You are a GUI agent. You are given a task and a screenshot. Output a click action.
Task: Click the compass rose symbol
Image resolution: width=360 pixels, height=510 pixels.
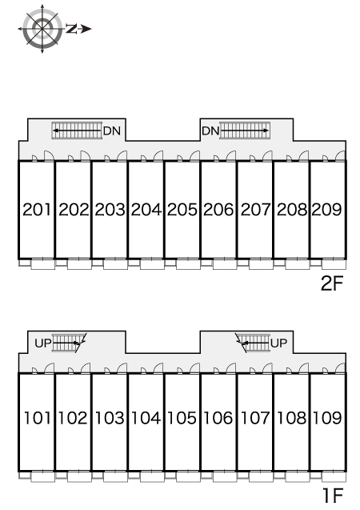(42, 29)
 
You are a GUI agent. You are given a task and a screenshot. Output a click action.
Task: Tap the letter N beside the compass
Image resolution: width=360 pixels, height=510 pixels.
(71, 29)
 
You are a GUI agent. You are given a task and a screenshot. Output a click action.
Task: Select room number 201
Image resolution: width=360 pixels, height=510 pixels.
(37, 210)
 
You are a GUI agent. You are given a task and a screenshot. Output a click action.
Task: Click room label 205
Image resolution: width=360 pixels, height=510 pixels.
(182, 210)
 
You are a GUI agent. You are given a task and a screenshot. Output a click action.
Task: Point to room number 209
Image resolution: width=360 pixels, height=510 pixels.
(327, 210)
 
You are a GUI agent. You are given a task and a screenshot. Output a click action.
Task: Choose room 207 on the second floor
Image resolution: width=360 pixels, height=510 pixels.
(255, 210)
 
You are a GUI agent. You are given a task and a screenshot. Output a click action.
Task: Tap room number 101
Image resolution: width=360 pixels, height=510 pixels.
(38, 418)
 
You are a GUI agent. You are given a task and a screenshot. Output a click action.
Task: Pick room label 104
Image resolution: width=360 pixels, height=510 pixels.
(146, 418)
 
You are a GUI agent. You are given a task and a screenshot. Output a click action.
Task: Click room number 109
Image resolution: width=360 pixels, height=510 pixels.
(327, 418)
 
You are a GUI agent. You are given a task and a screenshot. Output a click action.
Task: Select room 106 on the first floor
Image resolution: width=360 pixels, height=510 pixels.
(218, 418)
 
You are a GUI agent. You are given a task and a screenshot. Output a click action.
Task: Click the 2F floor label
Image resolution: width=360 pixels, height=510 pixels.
(332, 283)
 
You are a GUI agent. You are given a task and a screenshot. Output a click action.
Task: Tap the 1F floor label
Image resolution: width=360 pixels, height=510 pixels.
(333, 496)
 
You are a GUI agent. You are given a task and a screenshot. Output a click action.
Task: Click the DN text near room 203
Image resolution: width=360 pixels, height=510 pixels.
(112, 131)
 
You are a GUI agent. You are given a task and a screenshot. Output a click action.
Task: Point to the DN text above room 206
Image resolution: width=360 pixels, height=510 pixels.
(210, 131)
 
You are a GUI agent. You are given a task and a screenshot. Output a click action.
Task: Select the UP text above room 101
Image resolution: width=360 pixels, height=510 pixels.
(43, 343)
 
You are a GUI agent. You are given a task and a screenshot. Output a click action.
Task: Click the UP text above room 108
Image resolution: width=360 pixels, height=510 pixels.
(278, 343)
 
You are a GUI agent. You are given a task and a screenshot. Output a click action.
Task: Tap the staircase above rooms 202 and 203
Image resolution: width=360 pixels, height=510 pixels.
(77, 131)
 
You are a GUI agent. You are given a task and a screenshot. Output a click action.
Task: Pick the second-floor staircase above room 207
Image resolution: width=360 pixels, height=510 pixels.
(245, 131)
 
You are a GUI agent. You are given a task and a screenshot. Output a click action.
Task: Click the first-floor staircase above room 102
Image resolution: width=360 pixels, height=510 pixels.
(69, 343)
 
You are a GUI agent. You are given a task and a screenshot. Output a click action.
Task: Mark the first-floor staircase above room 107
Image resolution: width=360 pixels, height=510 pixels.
(253, 343)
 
